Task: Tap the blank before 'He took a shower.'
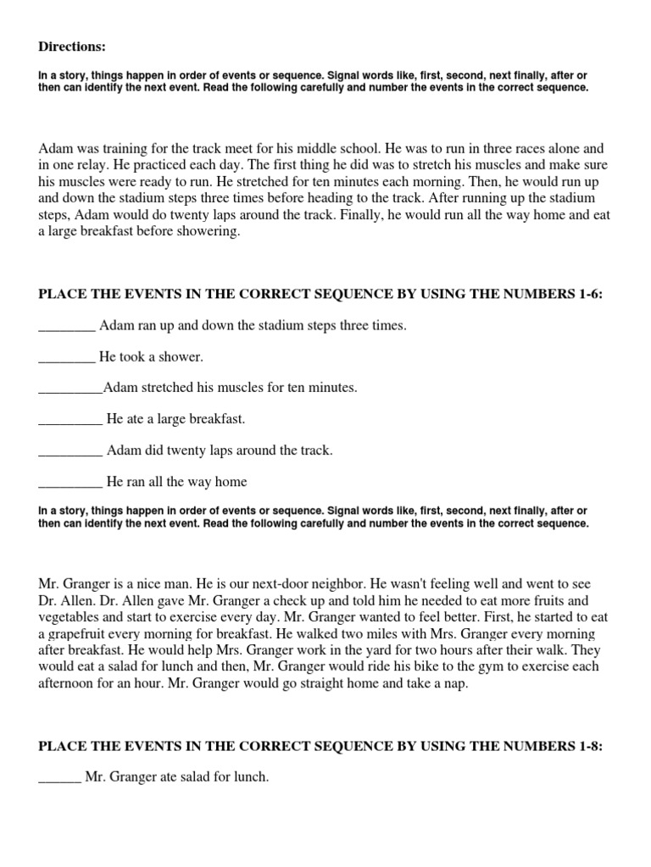point(67,357)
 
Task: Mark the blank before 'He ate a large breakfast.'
point(70,420)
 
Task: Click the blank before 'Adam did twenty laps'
point(70,451)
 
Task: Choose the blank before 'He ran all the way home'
point(70,483)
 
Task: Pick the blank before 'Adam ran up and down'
point(67,326)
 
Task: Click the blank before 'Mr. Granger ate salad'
point(59,776)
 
